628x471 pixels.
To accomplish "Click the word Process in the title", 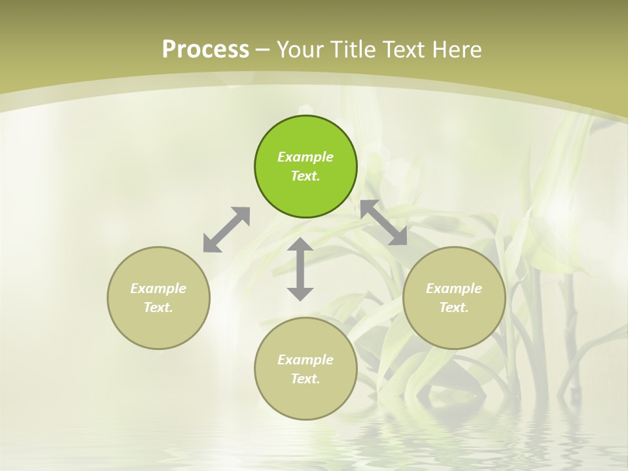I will [x=205, y=50].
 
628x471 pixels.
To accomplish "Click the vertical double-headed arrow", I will [x=300, y=270].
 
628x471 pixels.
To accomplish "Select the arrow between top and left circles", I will [x=226, y=230].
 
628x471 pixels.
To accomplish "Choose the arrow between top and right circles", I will [x=384, y=222].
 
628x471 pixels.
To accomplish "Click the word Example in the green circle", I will [x=305, y=157].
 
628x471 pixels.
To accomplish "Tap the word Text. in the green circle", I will [x=305, y=176].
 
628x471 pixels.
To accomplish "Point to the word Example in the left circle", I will [x=158, y=288].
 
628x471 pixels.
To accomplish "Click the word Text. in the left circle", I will [x=158, y=307].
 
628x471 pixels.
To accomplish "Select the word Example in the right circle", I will [x=454, y=288].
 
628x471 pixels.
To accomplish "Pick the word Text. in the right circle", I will [x=454, y=307].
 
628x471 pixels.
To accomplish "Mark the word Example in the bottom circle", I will [x=305, y=360].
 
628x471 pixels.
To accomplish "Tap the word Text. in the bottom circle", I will [x=305, y=379].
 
